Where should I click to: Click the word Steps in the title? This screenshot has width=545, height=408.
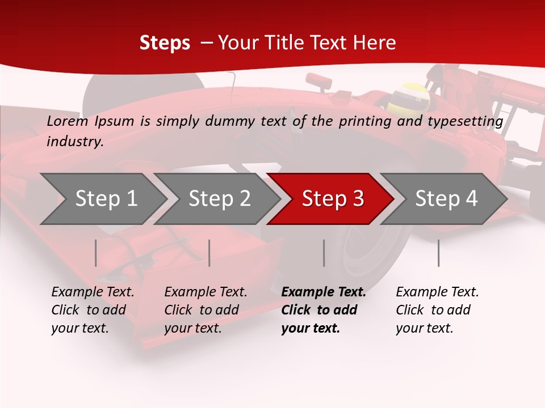pyautogui.click(x=165, y=42)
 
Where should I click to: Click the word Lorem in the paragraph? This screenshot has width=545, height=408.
pyautogui.click(x=67, y=121)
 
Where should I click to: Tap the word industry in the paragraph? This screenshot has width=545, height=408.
pyautogui.click(x=74, y=141)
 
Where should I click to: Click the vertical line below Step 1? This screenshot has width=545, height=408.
pyautogui.click(x=96, y=253)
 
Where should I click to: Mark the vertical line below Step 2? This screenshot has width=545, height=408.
pyautogui.click(x=209, y=253)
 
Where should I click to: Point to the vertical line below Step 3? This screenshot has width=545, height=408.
pyautogui.click(x=324, y=253)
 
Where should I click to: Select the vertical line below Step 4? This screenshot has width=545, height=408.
pyautogui.click(x=439, y=253)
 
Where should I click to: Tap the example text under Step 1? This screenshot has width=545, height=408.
pyautogui.click(x=93, y=309)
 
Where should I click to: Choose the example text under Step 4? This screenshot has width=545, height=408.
pyautogui.click(x=437, y=309)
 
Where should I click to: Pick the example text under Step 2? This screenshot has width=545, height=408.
pyautogui.click(x=206, y=309)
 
